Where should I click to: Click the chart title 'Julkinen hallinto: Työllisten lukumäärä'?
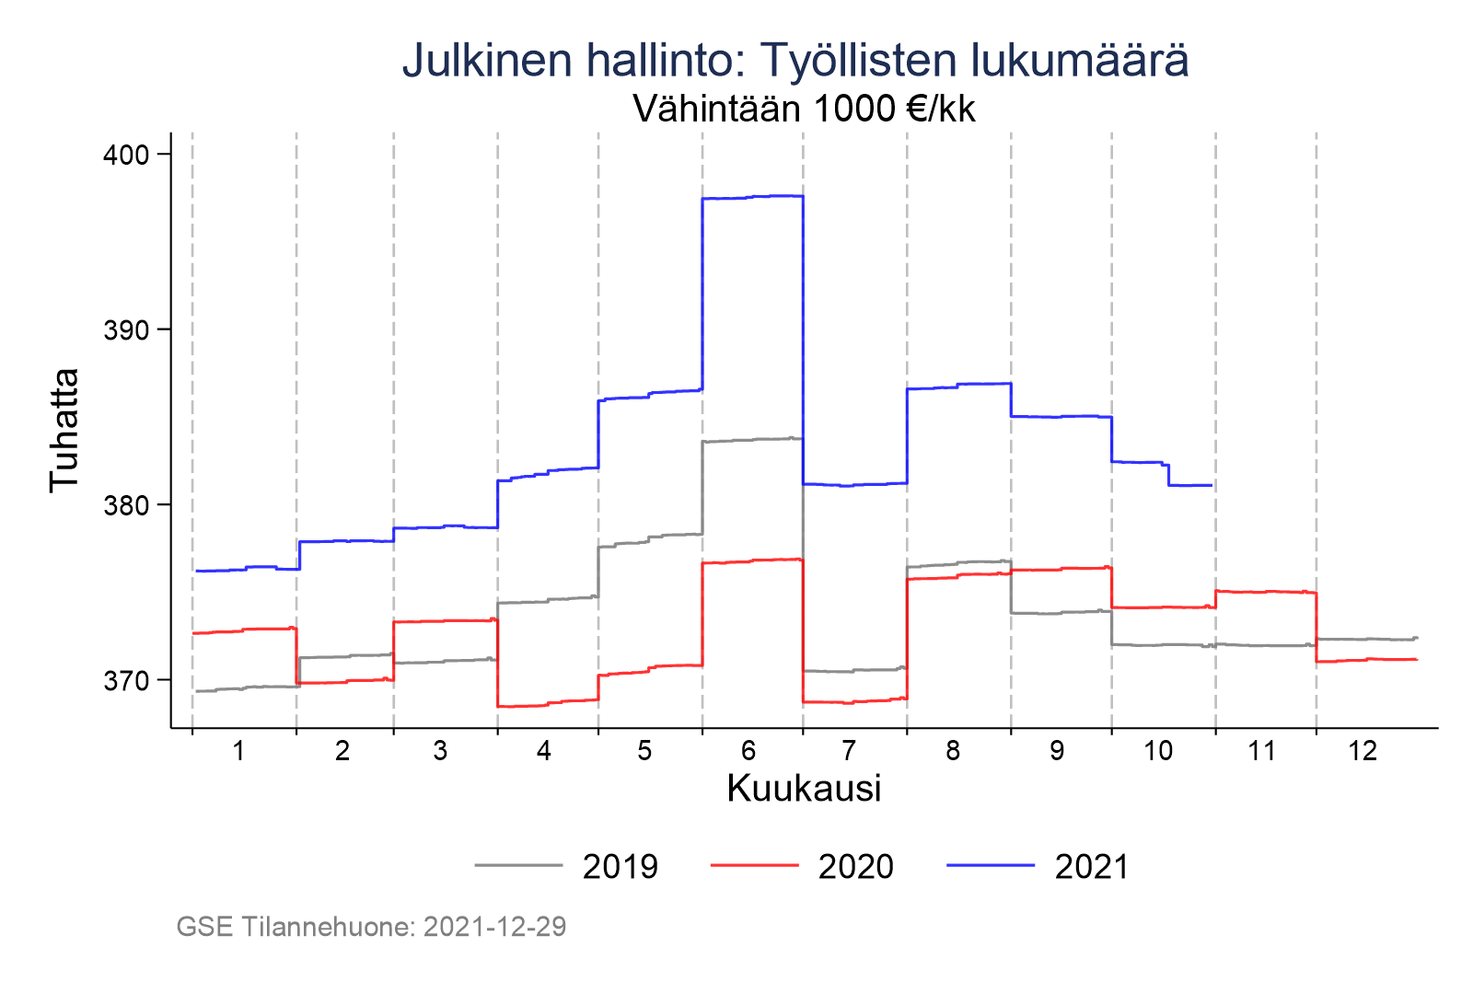[795, 61]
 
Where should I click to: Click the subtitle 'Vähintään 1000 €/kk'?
[804, 110]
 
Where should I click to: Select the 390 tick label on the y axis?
[125, 329]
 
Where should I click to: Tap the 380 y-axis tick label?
[125, 505]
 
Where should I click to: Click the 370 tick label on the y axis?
[125, 681]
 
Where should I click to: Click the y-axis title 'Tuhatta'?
[64, 430]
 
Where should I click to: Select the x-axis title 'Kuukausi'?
[804, 789]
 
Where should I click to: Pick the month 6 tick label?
[748, 752]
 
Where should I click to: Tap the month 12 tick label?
[1363, 752]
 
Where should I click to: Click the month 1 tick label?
[238, 752]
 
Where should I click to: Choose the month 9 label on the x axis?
[1056, 752]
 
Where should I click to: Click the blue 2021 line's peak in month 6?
[753, 197]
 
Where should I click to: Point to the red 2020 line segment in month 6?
[753, 560]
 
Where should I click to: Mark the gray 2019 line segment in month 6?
[753, 440]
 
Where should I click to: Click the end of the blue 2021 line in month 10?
[1211, 485]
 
